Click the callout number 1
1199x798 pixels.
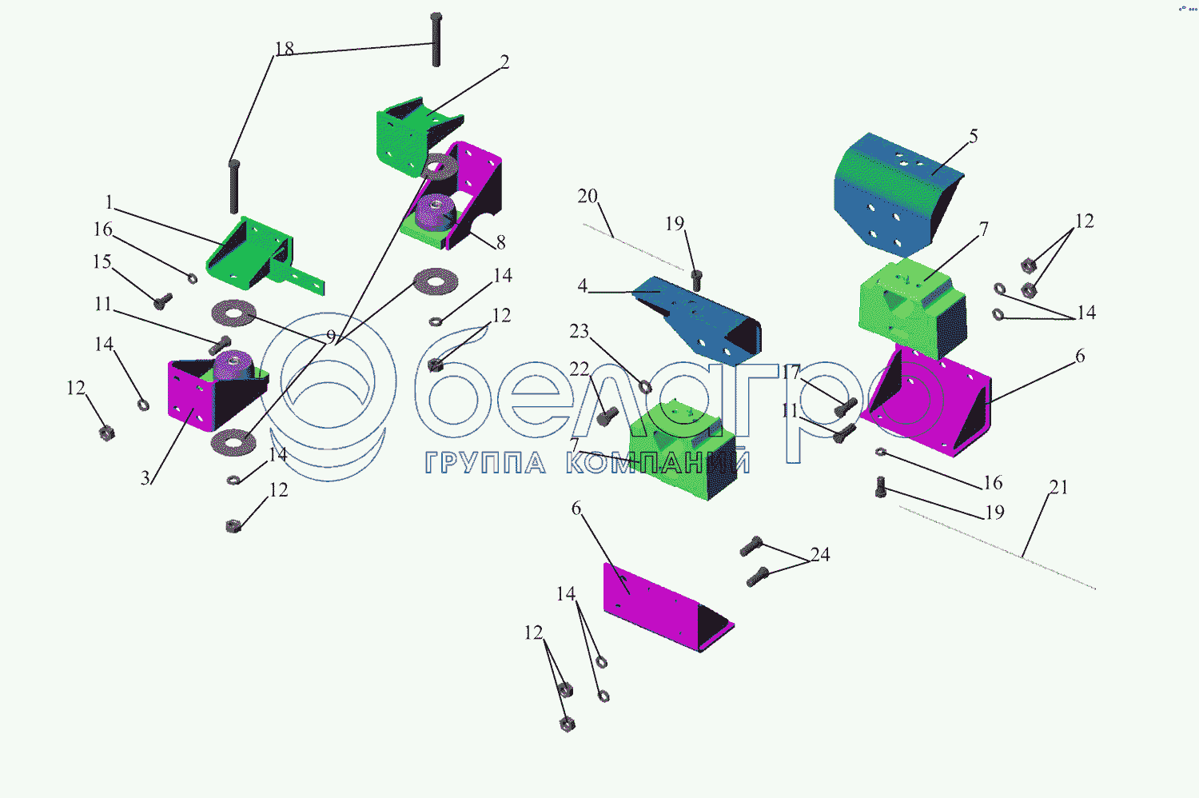tap(110, 203)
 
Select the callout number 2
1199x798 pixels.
tap(504, 62)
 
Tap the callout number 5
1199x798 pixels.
tap(973, 137)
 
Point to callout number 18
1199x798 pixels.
tap(285, 49)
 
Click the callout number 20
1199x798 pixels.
tap(588, 197)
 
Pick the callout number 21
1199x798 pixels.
tap(1058, 488)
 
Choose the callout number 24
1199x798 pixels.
tap(820, 555)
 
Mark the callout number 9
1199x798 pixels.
tap(331, 337)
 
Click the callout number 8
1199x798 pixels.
tap(500, 242)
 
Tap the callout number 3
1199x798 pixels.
tap(145, 479)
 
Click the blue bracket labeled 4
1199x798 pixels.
tap(699, 316)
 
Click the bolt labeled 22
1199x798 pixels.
tap(607, 416)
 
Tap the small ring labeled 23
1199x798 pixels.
tap(645, 387)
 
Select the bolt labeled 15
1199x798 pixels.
tap(163, 301)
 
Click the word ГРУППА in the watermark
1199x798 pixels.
tap(485, 463)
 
